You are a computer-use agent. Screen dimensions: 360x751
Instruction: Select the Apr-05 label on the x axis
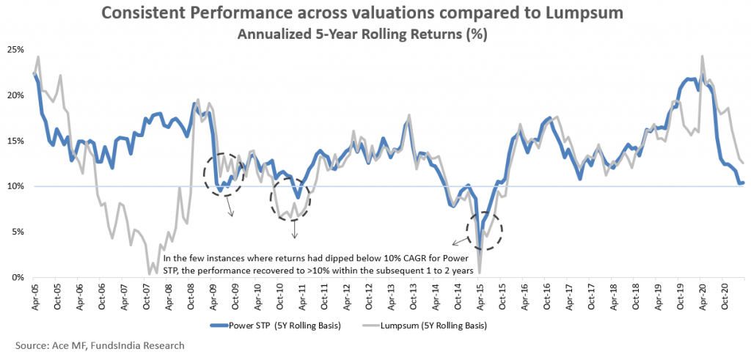click(34, 295)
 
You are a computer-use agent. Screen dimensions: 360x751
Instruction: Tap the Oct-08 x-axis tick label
click(190, 295)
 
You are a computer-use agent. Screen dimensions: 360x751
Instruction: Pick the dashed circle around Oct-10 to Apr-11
click(292, 199)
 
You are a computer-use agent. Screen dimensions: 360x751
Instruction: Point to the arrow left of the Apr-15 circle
click(460, 240)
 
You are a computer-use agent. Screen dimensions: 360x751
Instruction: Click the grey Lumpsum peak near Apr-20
click(703, 56)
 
